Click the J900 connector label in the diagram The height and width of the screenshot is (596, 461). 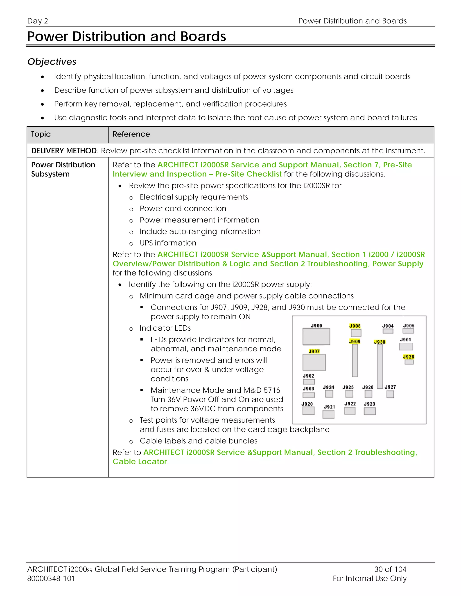(x=316, y=326)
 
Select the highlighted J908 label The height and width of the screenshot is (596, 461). (x=355, y=326)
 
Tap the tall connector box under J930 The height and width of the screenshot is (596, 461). (x=380, y=366)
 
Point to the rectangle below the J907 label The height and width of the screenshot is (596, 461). (x=314, y=362)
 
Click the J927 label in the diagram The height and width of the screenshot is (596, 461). (x=390, y=387)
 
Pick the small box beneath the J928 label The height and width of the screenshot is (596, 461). (x=409, y=362)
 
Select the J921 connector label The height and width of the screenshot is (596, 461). (x=329, y=407)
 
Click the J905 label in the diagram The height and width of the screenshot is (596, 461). (x=409, y=326)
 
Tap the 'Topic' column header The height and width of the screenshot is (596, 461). (x=41, y=134)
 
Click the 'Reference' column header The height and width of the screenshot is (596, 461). (x=131, y=134)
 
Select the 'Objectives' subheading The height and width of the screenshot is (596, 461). (x=52, y=62)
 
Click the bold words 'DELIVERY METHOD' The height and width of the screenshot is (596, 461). (x=64, y=151)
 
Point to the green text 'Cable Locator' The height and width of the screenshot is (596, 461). (x=140, y=462)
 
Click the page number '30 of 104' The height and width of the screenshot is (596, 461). (x=390, y=569)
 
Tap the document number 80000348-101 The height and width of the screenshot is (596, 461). (x=51, y=578)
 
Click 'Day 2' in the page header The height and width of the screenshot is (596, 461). (x=38, y=21)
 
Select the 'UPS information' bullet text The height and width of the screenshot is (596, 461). (x=168, y=243)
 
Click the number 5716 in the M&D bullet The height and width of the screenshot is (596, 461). (x=272, y=390)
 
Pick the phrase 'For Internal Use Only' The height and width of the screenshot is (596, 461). (x=370, y=578)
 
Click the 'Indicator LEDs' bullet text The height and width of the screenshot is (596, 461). (x=165, y=328)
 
